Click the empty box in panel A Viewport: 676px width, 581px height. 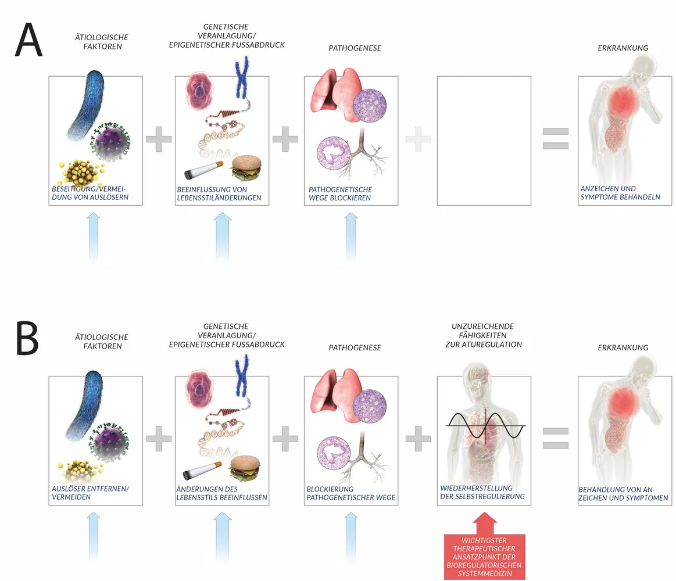484,141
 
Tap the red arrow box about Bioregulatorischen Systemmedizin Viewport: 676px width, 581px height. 484,556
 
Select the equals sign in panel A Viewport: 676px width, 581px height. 556,139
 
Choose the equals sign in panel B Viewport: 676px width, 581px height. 556,439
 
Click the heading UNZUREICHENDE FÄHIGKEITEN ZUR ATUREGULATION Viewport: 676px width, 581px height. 482,336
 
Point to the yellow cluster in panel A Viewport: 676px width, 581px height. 80,173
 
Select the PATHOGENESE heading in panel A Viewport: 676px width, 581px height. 355,48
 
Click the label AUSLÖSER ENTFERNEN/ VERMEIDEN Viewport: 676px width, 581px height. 90,493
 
